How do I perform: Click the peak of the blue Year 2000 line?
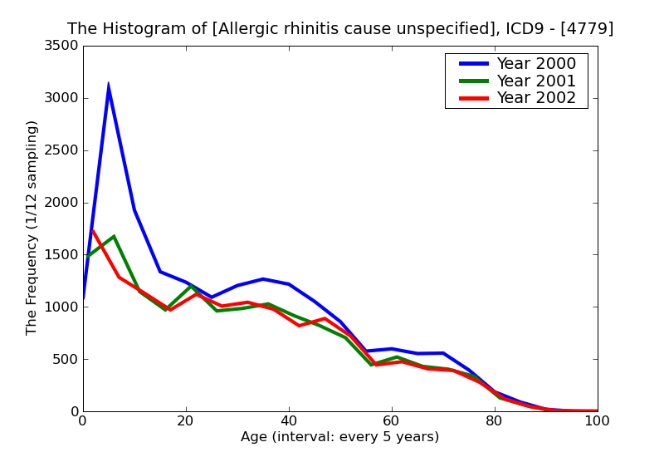[x=108, y=85]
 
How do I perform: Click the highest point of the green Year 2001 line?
[x=114, y=236]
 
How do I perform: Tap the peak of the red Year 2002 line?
[x=92, y=230]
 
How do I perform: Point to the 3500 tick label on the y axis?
[x=61, y=46]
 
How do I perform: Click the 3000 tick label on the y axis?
[x=61, y=98]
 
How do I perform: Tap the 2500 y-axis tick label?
[x=61, y=150]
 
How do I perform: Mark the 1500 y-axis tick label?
[x=61, y=255]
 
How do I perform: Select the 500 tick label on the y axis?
[x=66, y=360]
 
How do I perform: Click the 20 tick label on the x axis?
[x=186, y=421]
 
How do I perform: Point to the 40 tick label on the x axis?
[x=289, y=421]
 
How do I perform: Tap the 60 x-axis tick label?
[x=392, y=421]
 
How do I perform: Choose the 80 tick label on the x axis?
[x=495, y=421]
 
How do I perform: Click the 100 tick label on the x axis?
[x=597, y=421]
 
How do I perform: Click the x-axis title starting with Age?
[x=339, y=437]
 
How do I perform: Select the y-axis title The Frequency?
[x=32, y=228]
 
